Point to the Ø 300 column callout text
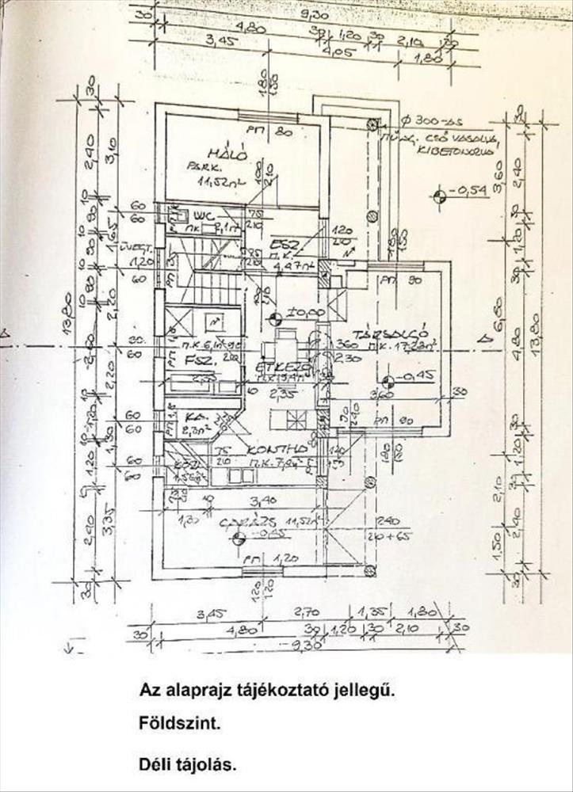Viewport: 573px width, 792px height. coord(433,121)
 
